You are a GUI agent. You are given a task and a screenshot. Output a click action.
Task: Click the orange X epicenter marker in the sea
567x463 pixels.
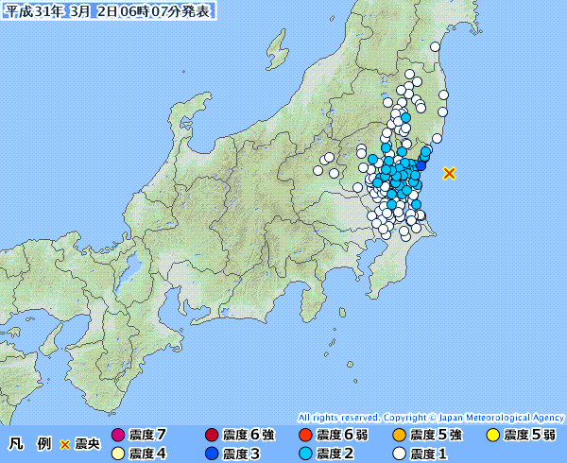tap(450, 173)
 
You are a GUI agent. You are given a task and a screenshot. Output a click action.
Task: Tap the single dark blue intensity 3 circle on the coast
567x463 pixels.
tap(421, 166)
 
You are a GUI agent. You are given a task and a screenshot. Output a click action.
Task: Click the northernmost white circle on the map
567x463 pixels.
tap(436, 47)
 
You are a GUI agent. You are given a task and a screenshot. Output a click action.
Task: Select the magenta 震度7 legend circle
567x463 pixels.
tap(118, 435)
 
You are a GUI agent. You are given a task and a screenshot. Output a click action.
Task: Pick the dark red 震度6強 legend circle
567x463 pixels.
tap(211, 435)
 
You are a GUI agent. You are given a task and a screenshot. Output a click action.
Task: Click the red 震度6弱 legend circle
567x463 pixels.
tap(304, 435)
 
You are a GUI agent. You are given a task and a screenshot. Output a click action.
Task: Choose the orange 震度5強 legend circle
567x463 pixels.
tap(399, 435)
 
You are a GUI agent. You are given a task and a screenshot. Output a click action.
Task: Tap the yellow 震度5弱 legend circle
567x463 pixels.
tap(492, 435)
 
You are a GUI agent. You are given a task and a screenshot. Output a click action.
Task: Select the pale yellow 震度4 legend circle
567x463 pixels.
tap(118, 453)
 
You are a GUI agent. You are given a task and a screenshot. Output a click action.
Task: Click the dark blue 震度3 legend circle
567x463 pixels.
tap(211, 453)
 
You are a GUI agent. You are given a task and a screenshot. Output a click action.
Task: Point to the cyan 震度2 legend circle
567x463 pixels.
tap(304, 453)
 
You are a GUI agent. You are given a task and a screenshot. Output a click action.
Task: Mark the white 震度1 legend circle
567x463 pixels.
tap(399, 453)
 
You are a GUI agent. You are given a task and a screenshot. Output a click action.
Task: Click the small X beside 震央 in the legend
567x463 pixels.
tap(65, 444)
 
